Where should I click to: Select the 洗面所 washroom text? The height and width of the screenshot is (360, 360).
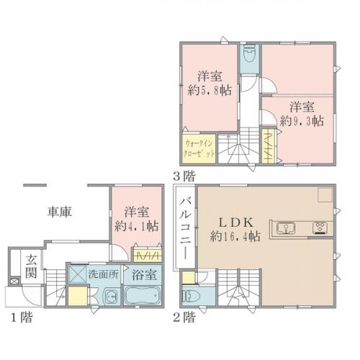[100, 274]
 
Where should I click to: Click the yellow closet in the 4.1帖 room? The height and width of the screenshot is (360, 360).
[147, 256]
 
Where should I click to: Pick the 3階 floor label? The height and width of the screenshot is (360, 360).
[185, 174]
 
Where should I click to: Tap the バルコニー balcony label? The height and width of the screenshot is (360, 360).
[184, 223]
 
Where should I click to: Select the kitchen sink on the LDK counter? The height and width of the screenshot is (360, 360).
[286, 230]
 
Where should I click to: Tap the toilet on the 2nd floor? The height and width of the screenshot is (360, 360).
[190, 296]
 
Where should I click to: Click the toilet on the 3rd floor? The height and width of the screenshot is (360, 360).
[248, 56]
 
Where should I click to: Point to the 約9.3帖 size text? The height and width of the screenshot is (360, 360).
[302, 120]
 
